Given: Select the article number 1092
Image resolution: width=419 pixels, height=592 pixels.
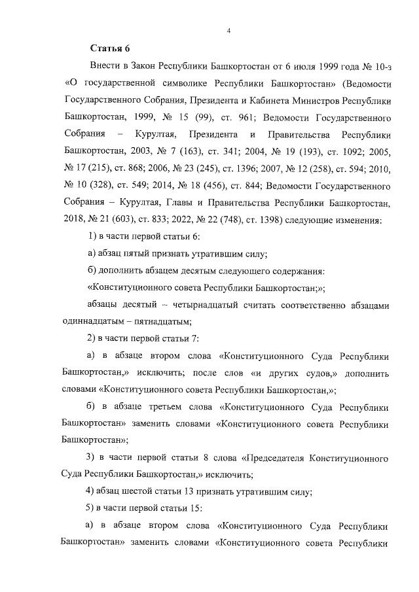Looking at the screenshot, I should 354,152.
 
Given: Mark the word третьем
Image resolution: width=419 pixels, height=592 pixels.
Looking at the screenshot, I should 171,407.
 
